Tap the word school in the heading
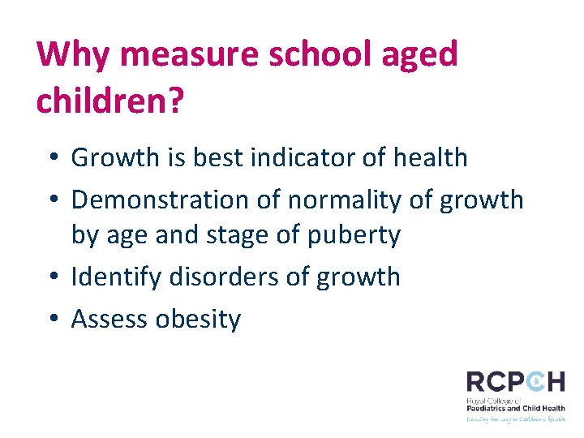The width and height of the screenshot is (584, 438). click(310, 55)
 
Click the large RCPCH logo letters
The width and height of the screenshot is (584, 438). click(515, 382)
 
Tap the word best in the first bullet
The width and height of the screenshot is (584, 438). click(218, 157)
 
